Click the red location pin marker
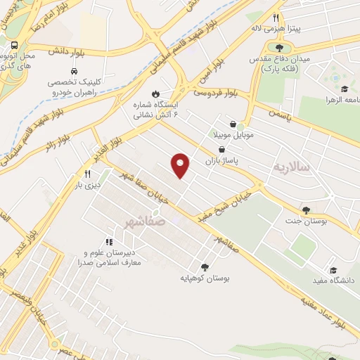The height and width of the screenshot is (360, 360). coord(181,165)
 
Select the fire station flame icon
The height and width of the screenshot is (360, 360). coord(155,94)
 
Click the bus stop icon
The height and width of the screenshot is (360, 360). coord(15,46)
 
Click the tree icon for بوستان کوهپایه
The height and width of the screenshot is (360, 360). coord(205,266)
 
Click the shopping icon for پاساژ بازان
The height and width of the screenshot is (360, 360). coord(222,149)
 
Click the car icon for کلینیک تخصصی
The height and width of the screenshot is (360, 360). coord(74,71)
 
